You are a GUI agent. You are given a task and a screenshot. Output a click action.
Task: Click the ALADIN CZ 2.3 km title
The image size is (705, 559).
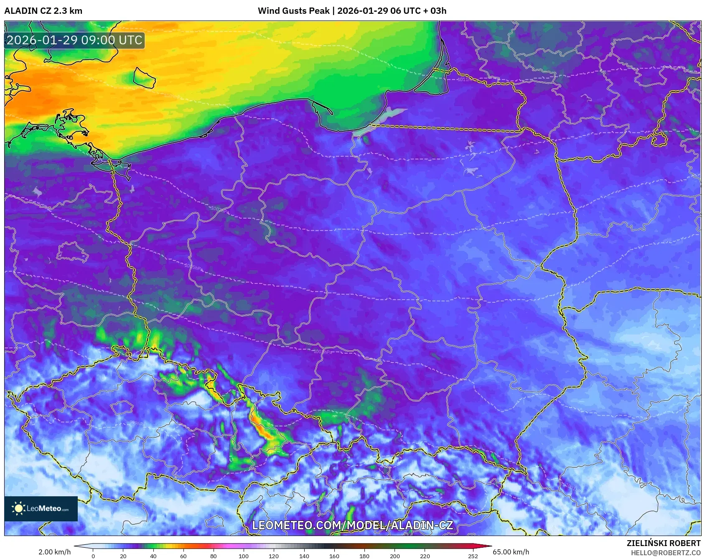point(43,11)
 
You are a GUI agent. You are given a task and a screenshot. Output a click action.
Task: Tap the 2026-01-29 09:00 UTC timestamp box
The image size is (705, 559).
point(74,41)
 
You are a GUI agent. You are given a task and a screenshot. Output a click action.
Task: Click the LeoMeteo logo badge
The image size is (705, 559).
point(41,508)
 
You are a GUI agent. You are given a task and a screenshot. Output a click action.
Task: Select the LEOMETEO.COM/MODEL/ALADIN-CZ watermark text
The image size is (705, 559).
point(352,526)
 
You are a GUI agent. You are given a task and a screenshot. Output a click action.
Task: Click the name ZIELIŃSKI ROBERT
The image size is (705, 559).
point(663,543)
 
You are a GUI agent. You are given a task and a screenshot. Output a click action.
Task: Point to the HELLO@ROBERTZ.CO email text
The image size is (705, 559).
point(665,553)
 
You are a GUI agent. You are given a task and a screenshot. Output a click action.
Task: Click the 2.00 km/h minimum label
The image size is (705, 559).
point(54,552)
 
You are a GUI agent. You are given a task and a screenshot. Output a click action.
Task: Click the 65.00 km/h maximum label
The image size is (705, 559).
point(511,552)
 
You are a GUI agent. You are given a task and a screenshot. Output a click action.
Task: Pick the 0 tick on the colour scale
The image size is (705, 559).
point(93,556)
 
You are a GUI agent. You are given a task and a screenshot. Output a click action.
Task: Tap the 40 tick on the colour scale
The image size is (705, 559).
point(153,556)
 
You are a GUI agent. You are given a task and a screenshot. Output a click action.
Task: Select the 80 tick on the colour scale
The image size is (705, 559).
point(214,556)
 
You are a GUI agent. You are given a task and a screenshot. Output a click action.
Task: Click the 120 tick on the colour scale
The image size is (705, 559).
point(274,556)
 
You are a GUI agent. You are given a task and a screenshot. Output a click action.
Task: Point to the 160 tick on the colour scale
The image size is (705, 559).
point(334,556)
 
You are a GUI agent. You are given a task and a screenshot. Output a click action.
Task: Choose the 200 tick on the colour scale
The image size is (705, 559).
point(394,556)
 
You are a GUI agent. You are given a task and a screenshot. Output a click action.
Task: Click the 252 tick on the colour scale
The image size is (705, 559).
point(473,556)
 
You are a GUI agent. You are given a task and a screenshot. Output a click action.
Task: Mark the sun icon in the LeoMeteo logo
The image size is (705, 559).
point(19,508)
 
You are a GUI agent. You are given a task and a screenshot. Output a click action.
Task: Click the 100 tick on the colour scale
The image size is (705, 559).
point(244,556)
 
